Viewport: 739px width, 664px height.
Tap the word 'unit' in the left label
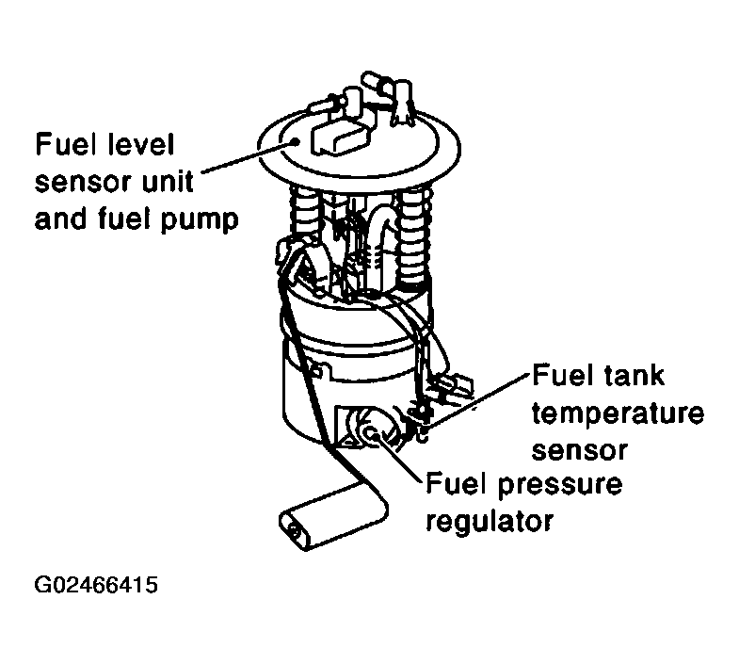(168, 182)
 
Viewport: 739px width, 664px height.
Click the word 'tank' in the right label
(634, 376)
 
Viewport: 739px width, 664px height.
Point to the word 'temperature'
(619, 414)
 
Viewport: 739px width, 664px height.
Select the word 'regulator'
(490, 522)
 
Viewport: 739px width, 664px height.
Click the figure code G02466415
(96, 585)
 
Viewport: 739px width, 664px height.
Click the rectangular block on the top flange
(339, 138)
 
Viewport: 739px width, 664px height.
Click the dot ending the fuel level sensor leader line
(297, 140)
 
